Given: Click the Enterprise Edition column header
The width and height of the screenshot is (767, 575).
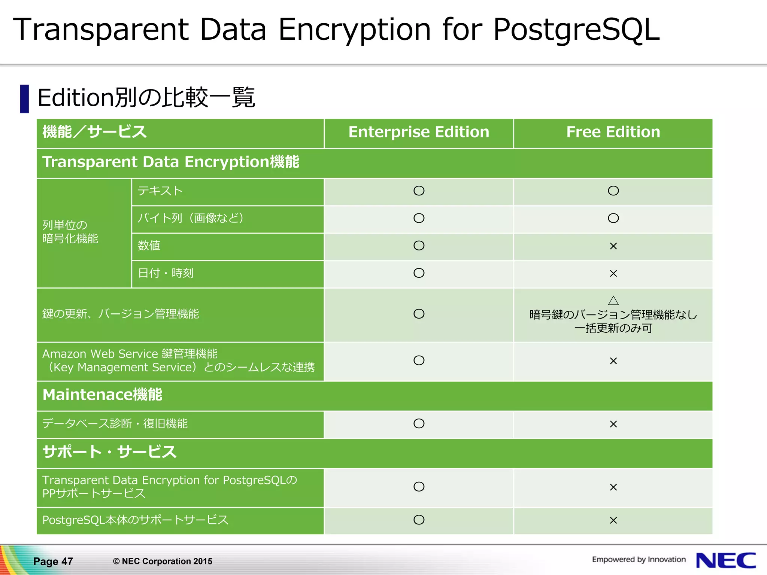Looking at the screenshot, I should pyautogui.click(x=419, y=132).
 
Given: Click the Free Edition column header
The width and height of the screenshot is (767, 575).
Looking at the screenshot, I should pyautogui.click(x=613, y=132).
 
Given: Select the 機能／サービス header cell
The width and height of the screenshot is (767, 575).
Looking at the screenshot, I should pyautogui.click(x=94, y=132).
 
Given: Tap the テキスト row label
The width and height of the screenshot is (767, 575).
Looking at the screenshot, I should pyautogui.click(x=160, y=191).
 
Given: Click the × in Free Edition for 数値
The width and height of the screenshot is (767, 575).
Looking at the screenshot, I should pyautogui.click(x=613, y=246).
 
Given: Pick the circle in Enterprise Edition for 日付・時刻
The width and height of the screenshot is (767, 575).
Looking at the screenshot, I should pyautogui.click(x=419, y=273).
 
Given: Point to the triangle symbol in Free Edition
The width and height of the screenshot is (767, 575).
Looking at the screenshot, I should pyautogui.click(x=613, y=301).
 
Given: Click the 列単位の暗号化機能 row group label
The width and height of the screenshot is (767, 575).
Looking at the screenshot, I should pyautogui.click(x=70, y=232).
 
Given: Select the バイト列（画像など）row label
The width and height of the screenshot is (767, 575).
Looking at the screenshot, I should pyautogui.click(x=191, y=218).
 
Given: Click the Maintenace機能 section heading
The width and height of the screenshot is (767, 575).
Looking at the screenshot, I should pyautogui.click(x=102, y=395).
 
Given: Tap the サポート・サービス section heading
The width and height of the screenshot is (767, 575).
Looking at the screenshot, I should pyautogui.click(x=109, y=452).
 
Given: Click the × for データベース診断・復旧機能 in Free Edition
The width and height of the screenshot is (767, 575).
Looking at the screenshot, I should pyautogui.click(x=613, y=424).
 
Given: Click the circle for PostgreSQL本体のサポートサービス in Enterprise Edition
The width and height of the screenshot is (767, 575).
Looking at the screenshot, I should pyautogui.click(x=419, y=520).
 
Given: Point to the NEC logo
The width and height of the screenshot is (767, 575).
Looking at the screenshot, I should pyautogui.click(x=726, y=560).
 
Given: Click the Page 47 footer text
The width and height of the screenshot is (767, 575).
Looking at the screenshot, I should pyautogui.click(x=53, y=561).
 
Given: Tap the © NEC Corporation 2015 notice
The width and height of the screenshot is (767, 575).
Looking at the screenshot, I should pyautogui.click(x=163, y=561).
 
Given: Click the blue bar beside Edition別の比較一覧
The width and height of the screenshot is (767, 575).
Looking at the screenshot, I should pyautogui.click(x=24, y=99).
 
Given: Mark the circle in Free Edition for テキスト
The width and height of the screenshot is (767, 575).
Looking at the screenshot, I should pyautogui.click(x=613, y=191).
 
